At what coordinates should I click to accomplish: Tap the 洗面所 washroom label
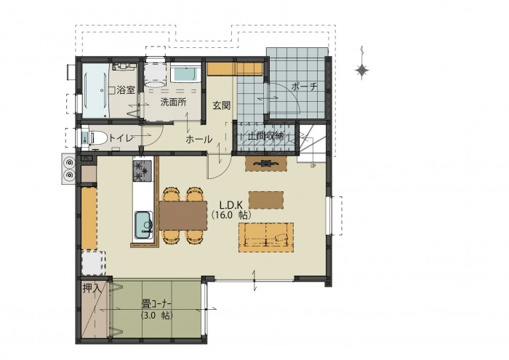point(173,102)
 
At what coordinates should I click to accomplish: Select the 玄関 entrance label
point(222,105)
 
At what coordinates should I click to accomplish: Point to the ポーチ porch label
point(304,87)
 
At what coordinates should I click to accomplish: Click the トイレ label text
point(121,138)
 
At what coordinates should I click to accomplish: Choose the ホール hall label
point(199,139)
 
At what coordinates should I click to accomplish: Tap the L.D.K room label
point(231,205)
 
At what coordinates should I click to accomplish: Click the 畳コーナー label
point(156,305)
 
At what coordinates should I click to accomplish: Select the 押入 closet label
point(90,288)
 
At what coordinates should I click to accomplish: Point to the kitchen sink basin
point(143,225)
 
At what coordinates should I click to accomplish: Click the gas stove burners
point(142,171)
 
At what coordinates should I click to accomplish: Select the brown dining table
point(183,215)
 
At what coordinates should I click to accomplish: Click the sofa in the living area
point(266,237)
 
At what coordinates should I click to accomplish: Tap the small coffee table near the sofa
point(266,200)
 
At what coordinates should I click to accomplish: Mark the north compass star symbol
point(361,70)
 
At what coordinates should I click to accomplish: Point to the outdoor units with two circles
point(69,169)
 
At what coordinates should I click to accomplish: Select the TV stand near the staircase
point(266,164)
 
